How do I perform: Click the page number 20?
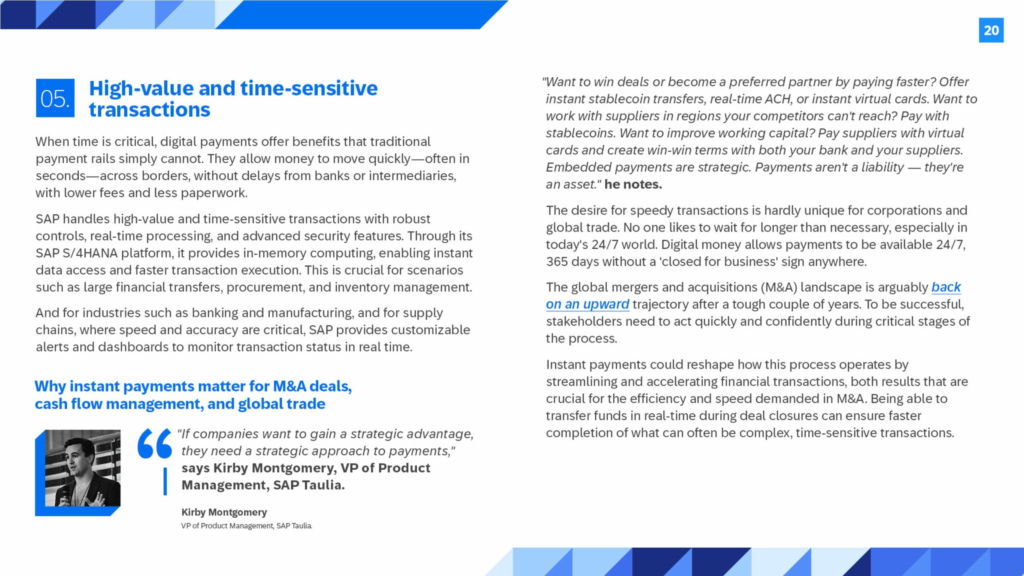point(991,30)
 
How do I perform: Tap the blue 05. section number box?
point(55,98)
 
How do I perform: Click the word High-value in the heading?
point(142,88)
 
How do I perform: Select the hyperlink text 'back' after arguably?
point(946,287)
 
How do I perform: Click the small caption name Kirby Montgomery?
point(224,512)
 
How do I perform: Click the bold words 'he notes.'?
point(633,184)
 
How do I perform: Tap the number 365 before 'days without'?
point(557,262)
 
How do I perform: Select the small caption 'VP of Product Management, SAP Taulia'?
point(246,526)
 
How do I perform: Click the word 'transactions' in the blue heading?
point(149,110)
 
